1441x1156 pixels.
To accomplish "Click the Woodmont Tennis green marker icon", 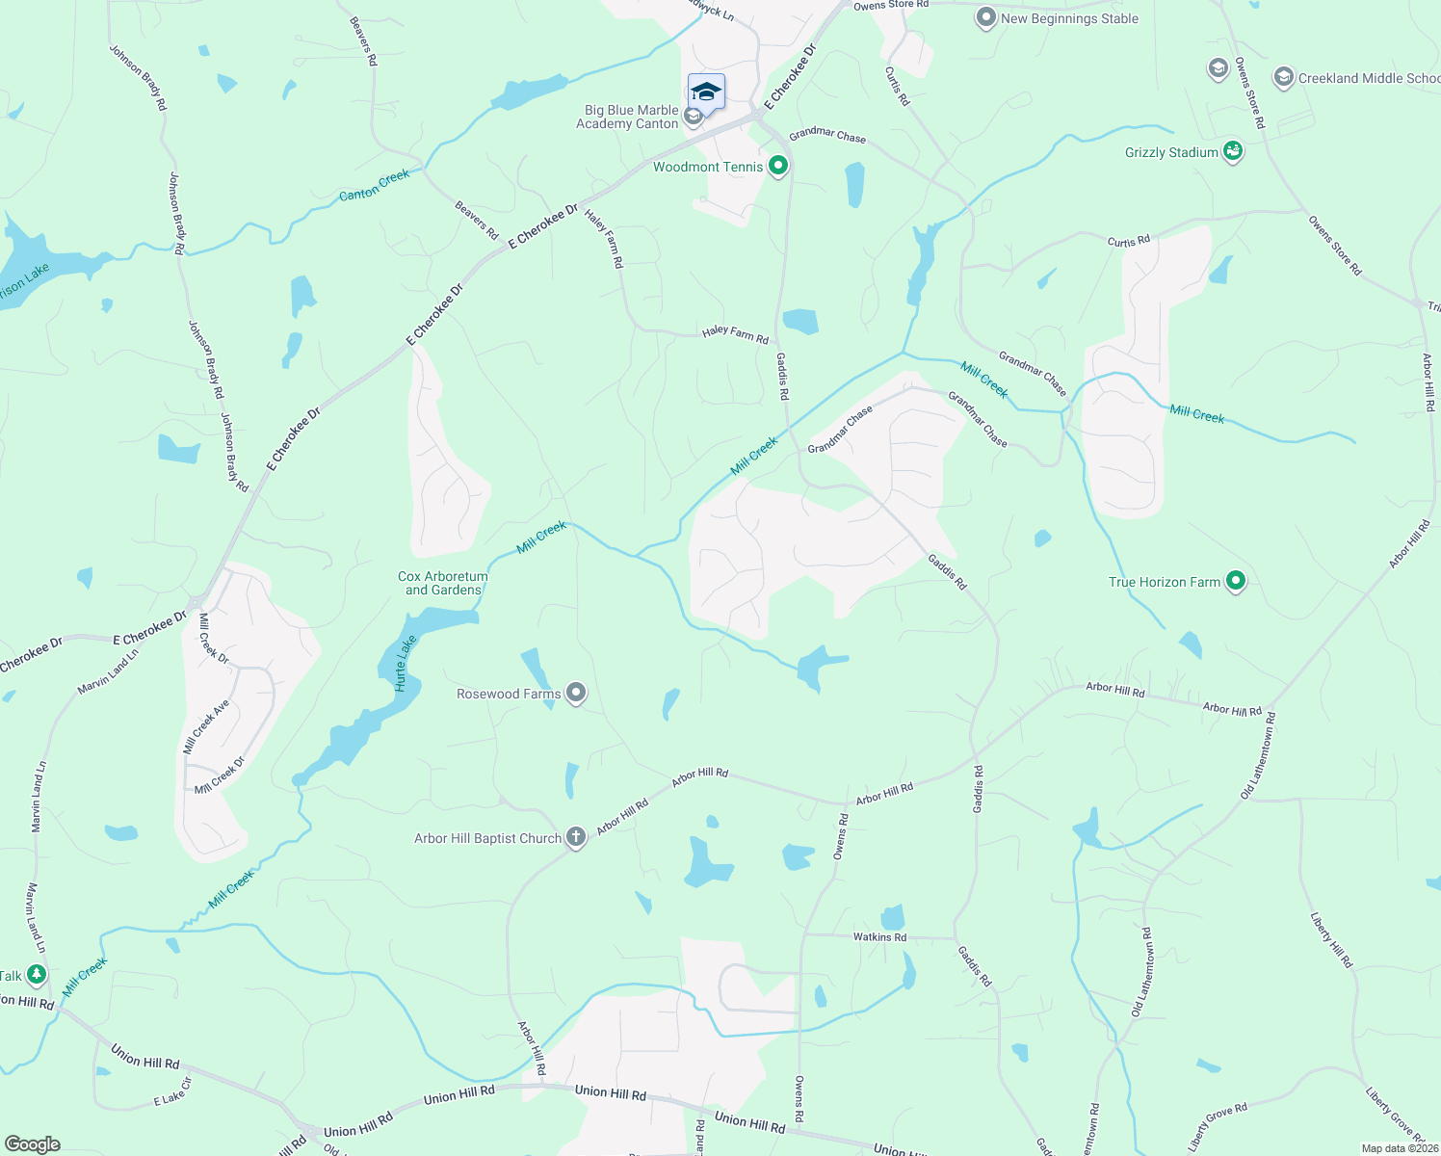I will [x=778, y=167].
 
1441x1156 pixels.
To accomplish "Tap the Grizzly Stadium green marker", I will [x=1233, y=151].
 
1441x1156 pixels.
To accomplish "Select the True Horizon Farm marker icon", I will [x=1236, y=581].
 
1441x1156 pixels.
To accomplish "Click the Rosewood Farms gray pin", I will [x=576, y=693].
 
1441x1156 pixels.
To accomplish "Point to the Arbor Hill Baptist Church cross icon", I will [x=576, y=837].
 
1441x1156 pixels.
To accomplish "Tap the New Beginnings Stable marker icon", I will [x=985, y=18].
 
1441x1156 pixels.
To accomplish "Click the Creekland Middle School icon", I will [x=1283, y=78].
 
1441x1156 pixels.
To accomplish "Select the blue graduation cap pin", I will [x=706, y=92].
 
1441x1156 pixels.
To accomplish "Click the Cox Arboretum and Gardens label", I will [x=443, y=583].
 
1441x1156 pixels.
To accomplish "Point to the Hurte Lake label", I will [x=406, y=663].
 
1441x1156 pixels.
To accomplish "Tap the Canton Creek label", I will [x=375, y=185].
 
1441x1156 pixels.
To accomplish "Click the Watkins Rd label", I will [x=879, y=936].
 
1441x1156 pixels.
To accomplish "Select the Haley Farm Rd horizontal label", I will [x=735, y=333].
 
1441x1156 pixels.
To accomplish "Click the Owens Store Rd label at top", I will [x=891, y=5].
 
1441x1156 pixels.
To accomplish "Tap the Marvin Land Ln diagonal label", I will [x=108, y=672].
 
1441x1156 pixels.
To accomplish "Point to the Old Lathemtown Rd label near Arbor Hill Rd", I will [x=1259, y=755].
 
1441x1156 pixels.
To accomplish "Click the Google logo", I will [x=32, y=1144].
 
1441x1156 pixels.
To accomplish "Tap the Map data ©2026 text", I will [x=1399, y=1148].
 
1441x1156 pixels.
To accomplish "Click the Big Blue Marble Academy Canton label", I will [x=628, y=117].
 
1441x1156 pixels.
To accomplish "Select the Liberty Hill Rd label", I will [x=1332, y=940].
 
